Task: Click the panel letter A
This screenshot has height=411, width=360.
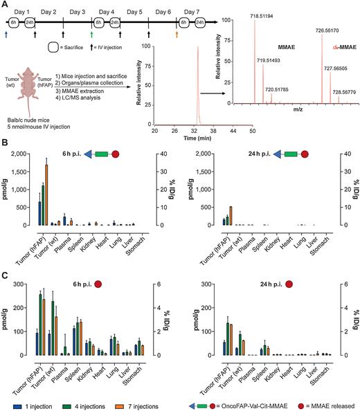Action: point(5,5)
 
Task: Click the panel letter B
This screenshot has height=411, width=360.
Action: point(5,141)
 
